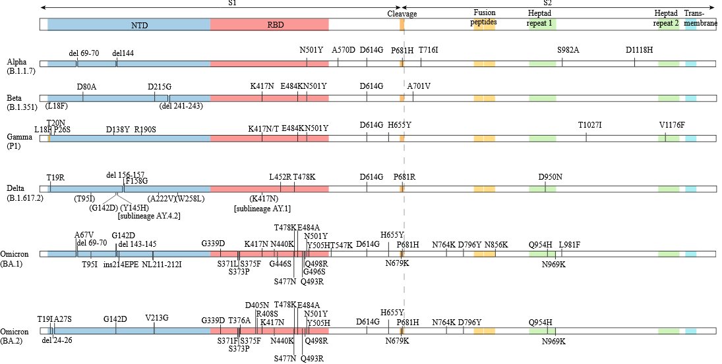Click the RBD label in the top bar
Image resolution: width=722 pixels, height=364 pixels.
pos(270,25)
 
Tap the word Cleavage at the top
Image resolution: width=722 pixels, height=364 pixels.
pos(402,13)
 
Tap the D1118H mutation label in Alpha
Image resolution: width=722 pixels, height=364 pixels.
pos(639,49)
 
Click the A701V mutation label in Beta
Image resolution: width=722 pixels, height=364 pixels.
pos(419,86)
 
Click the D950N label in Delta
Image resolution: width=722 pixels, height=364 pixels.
pos(550,176)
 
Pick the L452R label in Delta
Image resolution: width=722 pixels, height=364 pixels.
pos(280,176)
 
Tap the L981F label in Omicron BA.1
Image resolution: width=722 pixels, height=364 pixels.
pos(569,244)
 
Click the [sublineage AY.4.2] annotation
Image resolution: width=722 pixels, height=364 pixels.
pos(149,216)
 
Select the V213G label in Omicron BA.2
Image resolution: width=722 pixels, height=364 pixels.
pos(157,319)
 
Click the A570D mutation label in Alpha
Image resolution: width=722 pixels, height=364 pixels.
pos(344,49)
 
